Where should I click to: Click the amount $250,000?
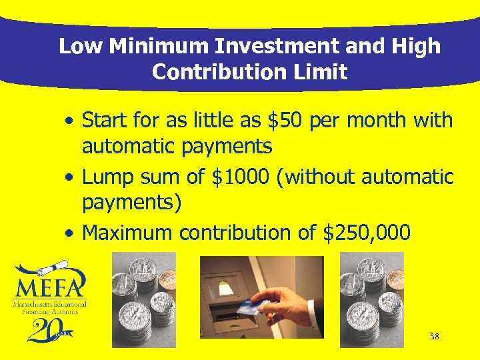pyautogui.click(x=367, y=233)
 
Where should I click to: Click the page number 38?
pyautogui.click(x=434, y=337)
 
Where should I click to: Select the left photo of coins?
pyautogui.click(x=143, y=299)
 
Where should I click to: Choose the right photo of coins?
pyautogui.click(x=372, y=299)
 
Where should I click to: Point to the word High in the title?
pyautogui.click(x=416, y=46)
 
